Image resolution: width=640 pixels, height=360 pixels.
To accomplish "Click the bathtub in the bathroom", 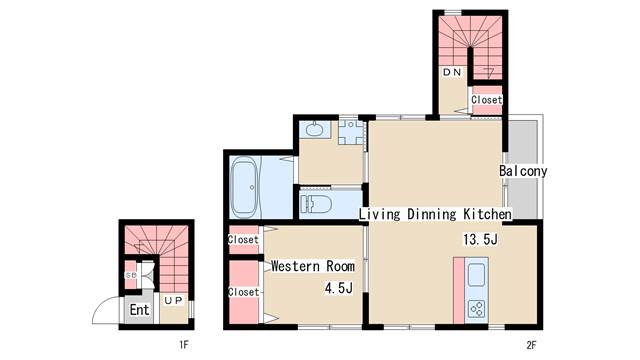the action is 244,188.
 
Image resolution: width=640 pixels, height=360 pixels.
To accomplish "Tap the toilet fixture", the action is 316,204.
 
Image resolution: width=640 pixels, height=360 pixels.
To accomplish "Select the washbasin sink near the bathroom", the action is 315,130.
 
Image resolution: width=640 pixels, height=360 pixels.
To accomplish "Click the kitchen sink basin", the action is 476,275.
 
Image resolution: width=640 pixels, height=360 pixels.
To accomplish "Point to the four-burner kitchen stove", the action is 476,309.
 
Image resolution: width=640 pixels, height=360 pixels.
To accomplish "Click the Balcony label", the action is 523,171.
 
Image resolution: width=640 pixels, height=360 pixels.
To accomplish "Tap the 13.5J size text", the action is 480,239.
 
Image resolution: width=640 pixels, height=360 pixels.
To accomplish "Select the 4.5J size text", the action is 339,289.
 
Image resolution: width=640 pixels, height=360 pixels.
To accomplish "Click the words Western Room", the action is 313,266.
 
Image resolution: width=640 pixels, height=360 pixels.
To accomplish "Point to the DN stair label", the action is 452,72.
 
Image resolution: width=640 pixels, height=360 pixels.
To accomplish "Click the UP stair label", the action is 173,300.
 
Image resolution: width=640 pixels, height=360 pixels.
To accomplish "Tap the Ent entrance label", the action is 140,310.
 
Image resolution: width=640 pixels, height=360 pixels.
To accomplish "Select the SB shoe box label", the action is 131,276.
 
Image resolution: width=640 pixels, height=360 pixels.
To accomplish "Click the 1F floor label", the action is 184,345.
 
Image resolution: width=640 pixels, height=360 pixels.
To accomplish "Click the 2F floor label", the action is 531,345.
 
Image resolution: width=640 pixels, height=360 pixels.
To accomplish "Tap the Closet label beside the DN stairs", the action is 487,100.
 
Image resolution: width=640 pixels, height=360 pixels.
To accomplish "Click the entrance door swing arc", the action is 100,304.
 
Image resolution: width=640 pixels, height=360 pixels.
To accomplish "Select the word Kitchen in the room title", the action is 487,214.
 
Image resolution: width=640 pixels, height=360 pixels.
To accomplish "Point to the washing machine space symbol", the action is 351,132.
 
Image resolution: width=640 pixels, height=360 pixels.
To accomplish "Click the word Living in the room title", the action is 380,215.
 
